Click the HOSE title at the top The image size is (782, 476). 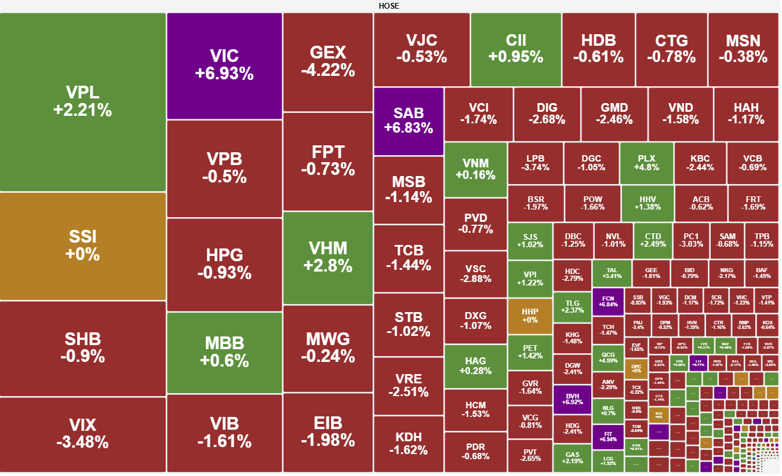tap(389, 6)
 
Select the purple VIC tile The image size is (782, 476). tap(224, 65)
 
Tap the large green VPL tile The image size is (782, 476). tap(82, 101)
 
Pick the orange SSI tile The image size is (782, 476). tap(82, 246)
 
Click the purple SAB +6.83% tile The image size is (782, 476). tap(409, 121)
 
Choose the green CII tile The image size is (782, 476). tap(515, 49)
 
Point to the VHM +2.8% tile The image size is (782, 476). tap(328, 257)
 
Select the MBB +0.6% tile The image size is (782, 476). tap(224, 351)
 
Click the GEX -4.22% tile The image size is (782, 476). tap(328, 61)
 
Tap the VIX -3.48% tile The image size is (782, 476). tap(82, 434)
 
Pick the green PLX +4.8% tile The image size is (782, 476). tap(646, 163)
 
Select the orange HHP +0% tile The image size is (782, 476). tap(530, 316)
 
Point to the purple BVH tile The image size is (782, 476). tap(572, 399)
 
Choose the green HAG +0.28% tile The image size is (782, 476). tap(475, 366)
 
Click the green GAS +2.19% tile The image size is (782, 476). tap(572, 458)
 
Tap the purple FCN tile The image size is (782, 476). tap(608, 301)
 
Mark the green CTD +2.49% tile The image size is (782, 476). tap(653, 240)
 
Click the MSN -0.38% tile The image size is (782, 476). tap(743, 49)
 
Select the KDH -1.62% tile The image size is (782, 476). tap(409, 444)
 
